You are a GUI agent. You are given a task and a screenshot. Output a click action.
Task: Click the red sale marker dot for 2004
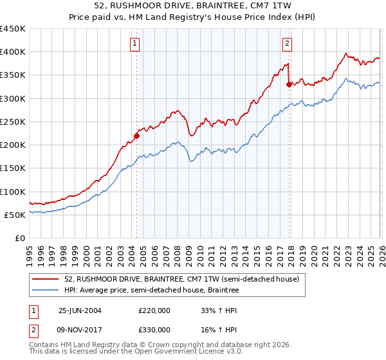[136, 136]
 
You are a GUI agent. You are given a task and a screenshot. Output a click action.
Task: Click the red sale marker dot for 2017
[289, 84]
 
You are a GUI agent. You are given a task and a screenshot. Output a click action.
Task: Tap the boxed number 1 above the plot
[135, 44]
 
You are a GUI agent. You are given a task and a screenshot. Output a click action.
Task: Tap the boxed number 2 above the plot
[287, 44]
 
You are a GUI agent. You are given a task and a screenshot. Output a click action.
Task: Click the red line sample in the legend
[47, 280]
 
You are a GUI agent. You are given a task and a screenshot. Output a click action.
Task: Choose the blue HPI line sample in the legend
[47, 291]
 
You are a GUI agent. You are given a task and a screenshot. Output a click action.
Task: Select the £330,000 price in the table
[154, 329]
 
